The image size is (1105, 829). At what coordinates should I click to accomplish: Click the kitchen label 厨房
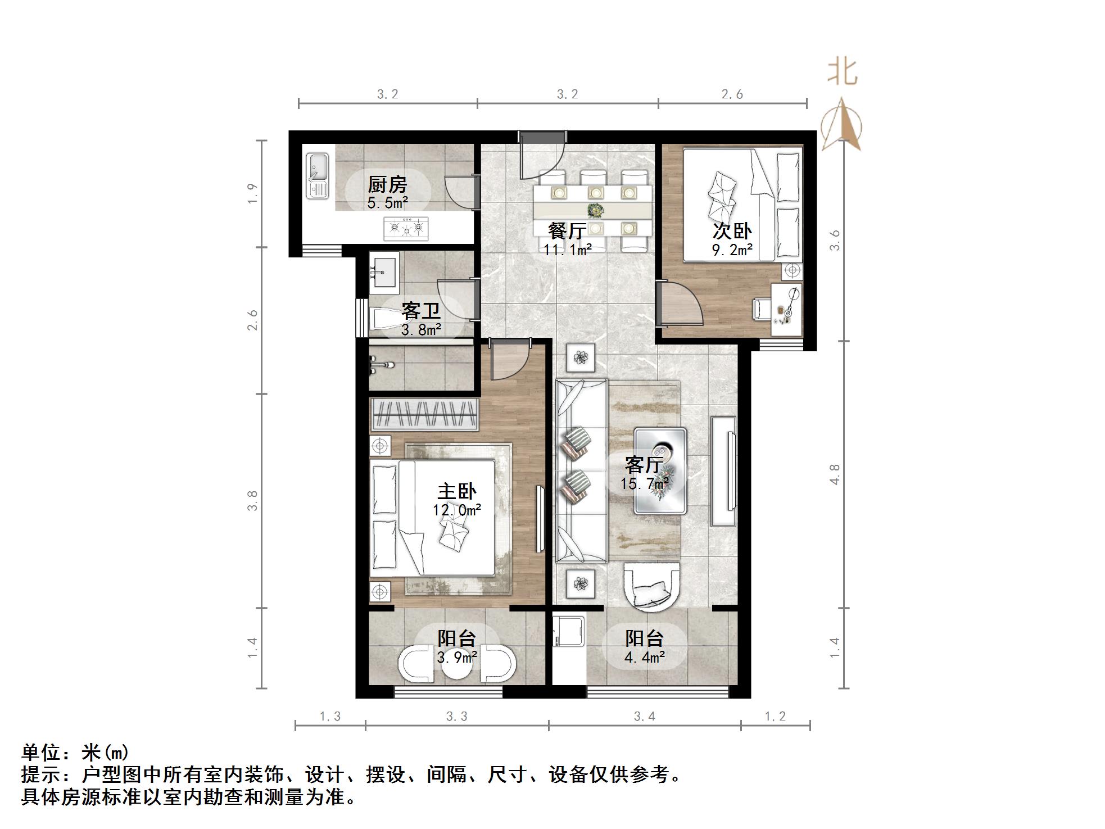pos(387,185)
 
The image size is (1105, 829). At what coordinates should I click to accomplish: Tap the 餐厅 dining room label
pos(567,230)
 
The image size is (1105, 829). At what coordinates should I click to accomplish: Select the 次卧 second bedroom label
pos(732,230)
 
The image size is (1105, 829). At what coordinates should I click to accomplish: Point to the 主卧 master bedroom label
pos(456,491)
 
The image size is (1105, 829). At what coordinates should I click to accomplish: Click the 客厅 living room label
pos(644,465)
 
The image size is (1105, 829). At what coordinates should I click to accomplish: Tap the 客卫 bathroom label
pos(420,311)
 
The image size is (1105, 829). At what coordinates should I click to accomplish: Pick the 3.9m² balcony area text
pos(457,657)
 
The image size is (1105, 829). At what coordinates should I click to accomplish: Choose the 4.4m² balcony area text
pos(645,657)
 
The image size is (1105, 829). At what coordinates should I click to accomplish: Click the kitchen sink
pos(318,176)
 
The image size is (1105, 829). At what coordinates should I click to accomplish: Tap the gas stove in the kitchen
pos(405,229)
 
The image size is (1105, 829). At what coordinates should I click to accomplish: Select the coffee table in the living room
pos(660,471)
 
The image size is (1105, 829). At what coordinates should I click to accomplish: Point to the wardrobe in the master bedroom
pos(424,415)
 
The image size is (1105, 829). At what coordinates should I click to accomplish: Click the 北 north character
pos(842,73)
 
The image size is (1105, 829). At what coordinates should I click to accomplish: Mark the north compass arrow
pos(841,124)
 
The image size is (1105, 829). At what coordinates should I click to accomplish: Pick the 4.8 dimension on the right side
pos(835,474)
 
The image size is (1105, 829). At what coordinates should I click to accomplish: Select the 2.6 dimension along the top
pos(732,94)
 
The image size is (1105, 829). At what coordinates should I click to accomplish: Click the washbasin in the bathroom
pos(384,273)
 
